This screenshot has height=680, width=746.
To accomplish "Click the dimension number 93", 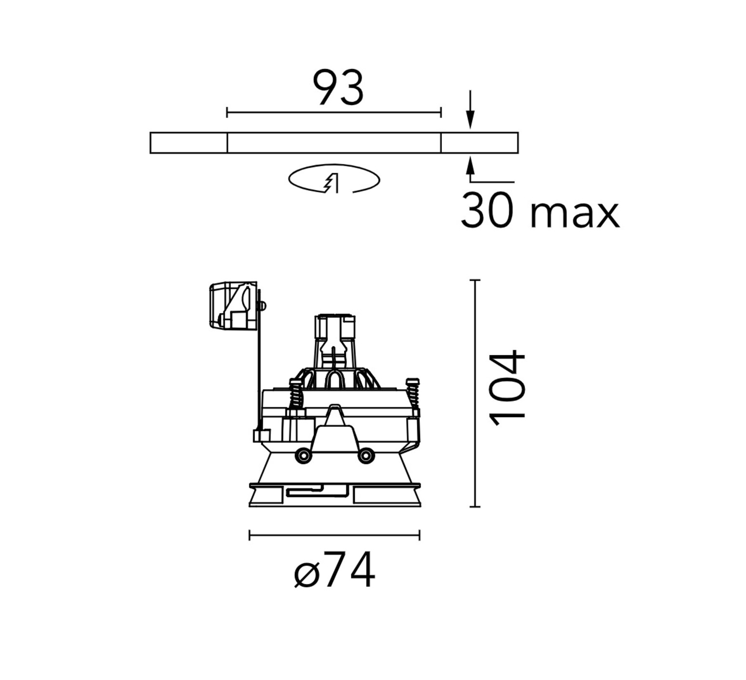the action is [x=338, y=88].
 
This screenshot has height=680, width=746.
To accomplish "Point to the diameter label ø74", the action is [x=334, y=571].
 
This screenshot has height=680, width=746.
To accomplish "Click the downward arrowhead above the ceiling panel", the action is [x=470, y=121].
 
